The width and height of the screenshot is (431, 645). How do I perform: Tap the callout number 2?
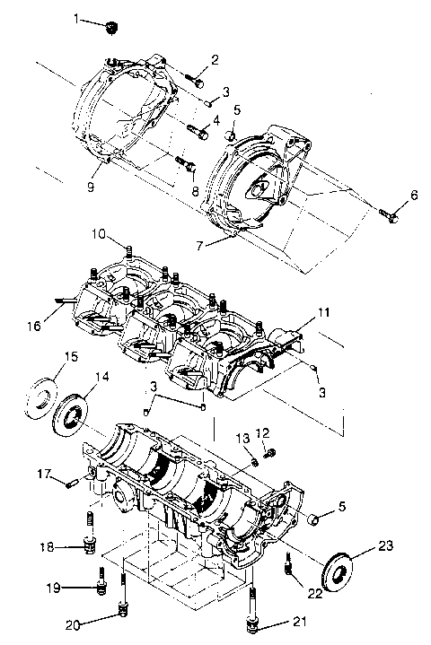click(215, 59)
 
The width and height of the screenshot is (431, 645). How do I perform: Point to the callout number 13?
click(241, 434)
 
